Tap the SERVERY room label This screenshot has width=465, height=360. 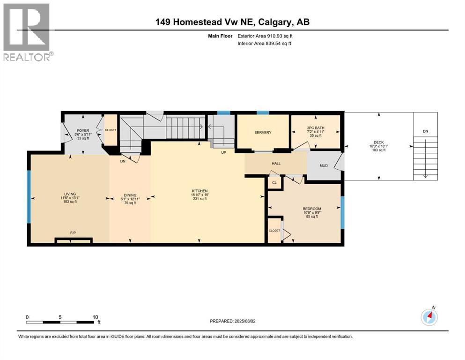click(x=263, y=133)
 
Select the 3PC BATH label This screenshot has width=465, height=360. click(x=316, y=127)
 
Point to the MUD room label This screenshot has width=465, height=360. click(x=323, y=165)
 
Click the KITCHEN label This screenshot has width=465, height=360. click(x=199, y=191)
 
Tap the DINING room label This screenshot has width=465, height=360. click(x=130, y=195)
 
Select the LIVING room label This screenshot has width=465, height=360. click(x=70, y=194)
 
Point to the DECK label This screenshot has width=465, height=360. click(x=378, y=142)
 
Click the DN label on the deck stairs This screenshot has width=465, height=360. click(x=425, y=132)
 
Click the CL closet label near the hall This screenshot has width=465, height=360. click(x=275, y=183)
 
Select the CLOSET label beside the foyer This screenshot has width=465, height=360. click(x=111, y=130)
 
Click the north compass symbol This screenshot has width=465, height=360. click(x=429, y=317)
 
